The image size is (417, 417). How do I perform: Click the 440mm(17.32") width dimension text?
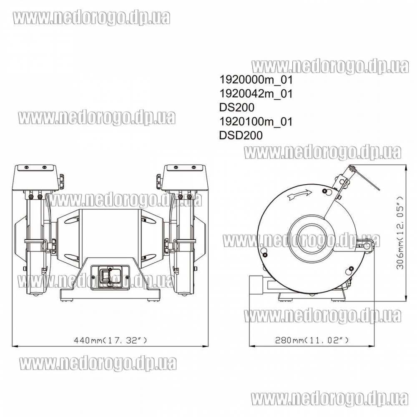[x=111, y=340]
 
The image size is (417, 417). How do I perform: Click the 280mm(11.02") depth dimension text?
[x=312, y=340]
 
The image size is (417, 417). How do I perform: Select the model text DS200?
[x=236, y=108]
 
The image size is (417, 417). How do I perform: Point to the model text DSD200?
[x=241, y=136]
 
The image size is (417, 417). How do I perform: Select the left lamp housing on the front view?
[x=35, y=177]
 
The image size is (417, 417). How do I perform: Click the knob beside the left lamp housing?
[x=61, y=181]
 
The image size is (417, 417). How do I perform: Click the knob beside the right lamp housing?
[x=158, y=181]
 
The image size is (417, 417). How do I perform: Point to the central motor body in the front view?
[x=110, y=238]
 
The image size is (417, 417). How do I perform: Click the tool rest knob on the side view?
[x=367, y=246]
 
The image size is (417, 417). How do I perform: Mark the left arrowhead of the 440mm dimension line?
[x=14, y=346]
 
